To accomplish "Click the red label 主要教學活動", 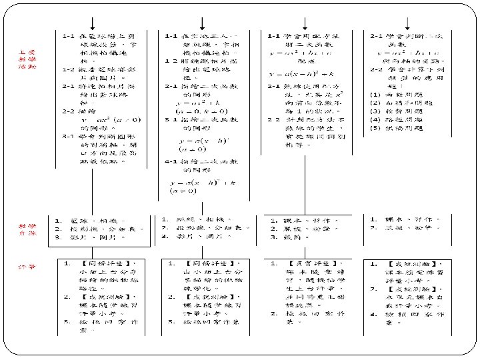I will click(x=27, y=59).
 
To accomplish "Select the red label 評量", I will click(x=27, y=267).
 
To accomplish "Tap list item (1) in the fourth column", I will click(x=375, y=94).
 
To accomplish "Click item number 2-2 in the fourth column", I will click(x=376, y=69).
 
